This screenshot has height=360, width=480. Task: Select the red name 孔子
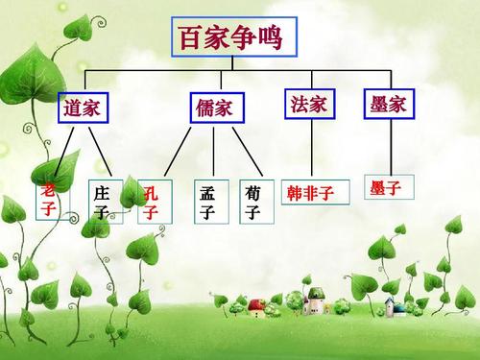coord(151,202)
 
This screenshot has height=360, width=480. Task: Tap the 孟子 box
coord(207,202)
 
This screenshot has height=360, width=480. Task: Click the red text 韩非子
coord(310,192)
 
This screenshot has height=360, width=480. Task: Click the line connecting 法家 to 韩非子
coord(314,149)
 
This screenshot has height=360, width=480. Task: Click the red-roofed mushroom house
coord(255,307)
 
